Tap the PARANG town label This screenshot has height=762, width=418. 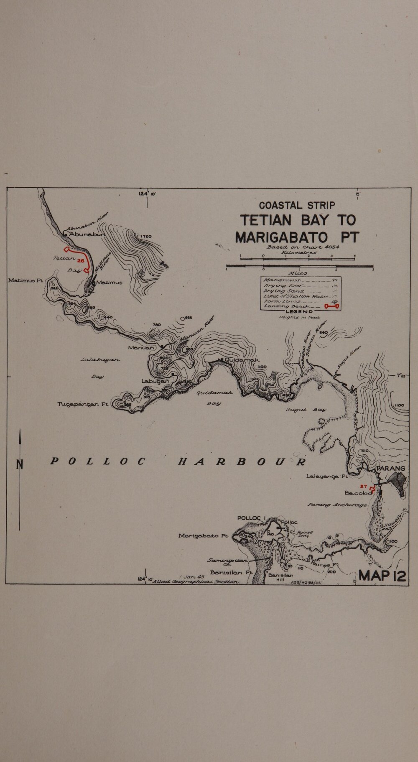pos(391,469)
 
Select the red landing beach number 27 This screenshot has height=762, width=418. pos(363,486)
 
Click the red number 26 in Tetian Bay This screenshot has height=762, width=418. pos(81,260)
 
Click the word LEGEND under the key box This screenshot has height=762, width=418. pos(299,311)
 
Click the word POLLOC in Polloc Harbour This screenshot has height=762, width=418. pos(97,461)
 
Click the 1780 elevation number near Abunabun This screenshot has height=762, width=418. pos(146,236)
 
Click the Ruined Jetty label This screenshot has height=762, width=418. pos(305,534)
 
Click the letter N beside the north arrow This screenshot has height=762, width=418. pos(19,464)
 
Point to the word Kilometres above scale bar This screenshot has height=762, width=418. pos(300,252)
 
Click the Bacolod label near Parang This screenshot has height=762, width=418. pos(358,493)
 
